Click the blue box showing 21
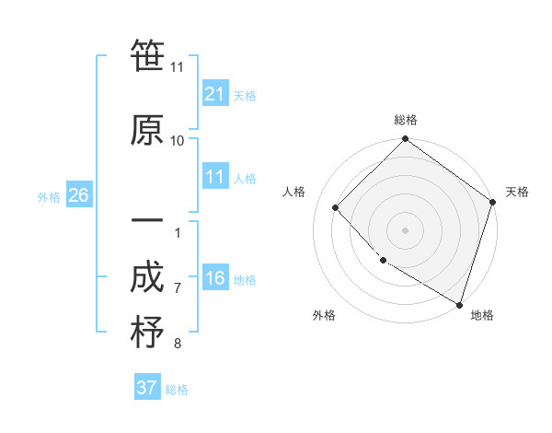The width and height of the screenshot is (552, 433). pyautogui.click(x=215, y=93)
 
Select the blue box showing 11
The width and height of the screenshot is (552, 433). pyautogui.click(x=215, y=178)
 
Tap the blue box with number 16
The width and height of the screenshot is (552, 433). pyautogui.click(x=215, y=279)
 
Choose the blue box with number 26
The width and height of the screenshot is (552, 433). pyautogui.click(x=79, y=195)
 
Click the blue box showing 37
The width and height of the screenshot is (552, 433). pyautogui.click(x=147, y=388)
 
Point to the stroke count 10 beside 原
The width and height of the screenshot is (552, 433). pyautogui.click(x=178, y=140)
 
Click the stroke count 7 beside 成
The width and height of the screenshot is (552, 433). pyautogui.click(x=178, y=288)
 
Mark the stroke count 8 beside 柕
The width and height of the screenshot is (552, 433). pyautogui.click(x=178, y=344)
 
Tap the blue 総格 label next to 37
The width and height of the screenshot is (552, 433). pyautogui.click(x=177, y=390)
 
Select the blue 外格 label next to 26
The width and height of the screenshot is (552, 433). pyautogui.click(x=49, y=196)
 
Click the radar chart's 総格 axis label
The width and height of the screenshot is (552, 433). pyautogui.click(x=406, y=120)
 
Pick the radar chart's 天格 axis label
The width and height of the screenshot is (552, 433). pyautogui.click(x=517, y=192)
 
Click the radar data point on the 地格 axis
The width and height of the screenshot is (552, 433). pyautogui.click(x=459, y=303)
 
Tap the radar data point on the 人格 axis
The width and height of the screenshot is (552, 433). pyautogui.click(x=336, y=207)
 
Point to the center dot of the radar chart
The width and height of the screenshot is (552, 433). pyautogui.click(x=406, y=229)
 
